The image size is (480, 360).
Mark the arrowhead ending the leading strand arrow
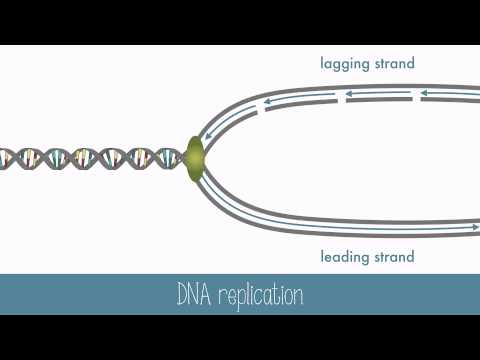coord(475,228)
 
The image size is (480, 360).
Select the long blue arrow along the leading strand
coord(340,222)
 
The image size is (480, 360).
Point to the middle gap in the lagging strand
coord(342,98)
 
